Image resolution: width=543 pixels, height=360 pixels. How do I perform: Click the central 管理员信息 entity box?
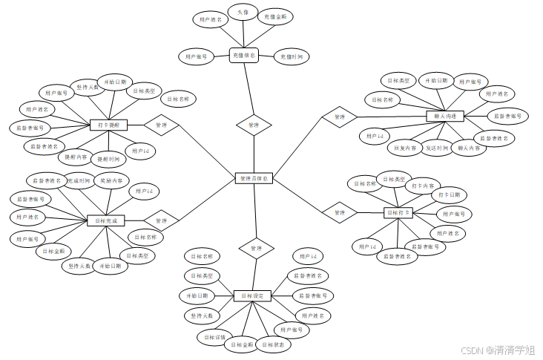click(254, 179)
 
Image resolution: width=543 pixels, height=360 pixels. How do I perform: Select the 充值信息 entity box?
click(243, 55)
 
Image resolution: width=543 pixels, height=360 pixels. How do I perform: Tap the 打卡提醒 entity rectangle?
click(109, 125)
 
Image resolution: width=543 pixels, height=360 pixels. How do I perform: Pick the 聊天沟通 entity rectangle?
click(445, 116)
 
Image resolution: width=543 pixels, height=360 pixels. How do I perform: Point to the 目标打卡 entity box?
click(398, 213)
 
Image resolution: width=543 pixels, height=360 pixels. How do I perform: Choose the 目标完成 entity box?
click(106, 220)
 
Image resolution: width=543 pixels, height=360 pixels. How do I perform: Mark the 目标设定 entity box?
click(252, 295)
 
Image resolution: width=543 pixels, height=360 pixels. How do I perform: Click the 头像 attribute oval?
click(243, 13)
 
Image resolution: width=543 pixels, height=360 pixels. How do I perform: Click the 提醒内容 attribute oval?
click(75, 157)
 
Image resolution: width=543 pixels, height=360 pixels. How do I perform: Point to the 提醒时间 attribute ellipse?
click(108, 159)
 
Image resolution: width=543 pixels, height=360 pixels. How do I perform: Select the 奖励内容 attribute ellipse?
click(112, 180)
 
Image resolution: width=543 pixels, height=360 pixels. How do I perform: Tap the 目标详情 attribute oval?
click(215, 337)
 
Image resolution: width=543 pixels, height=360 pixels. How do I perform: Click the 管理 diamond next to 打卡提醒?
click(161, 125)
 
